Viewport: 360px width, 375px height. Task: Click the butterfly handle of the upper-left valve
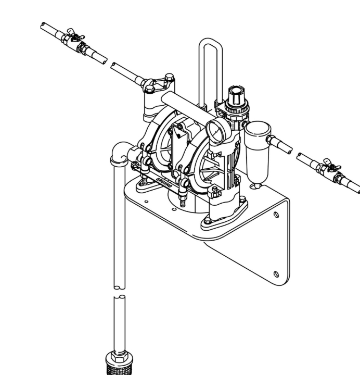tap(75, 34)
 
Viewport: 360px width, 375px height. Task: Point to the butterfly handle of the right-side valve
tap(332, 165)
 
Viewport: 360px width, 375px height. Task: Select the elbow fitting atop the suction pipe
tap(121, 153)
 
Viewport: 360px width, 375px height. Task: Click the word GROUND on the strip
tap(164, 182)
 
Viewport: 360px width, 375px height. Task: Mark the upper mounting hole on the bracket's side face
tap(276, 215)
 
